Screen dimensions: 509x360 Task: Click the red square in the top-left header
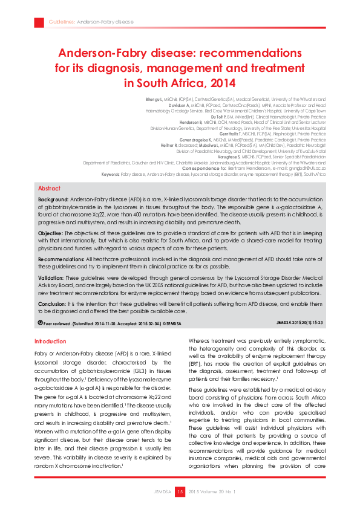point(39,22)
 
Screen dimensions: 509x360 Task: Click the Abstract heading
point(49,189)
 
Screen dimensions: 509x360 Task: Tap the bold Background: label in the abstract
point(53,199)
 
